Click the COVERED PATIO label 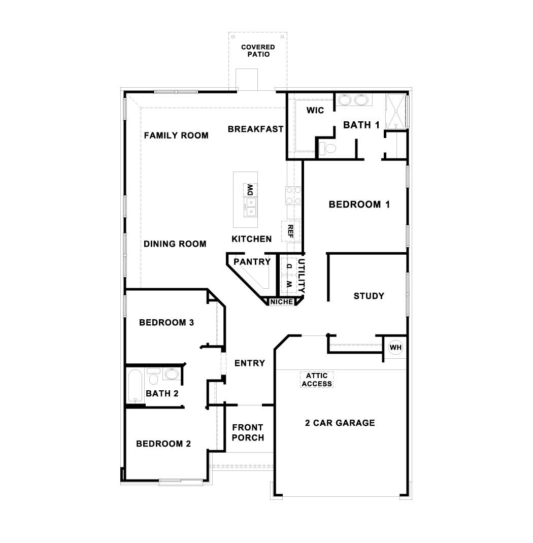click(258, 51)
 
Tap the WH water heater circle click(395, 348)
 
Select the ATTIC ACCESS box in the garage click(317, 380)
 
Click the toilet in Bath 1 click(328, 148)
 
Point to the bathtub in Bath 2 click(135, 386)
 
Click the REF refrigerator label click(291, 231)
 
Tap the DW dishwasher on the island click(250, 190)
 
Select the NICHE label click(282, 302)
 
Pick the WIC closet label click(315, 111)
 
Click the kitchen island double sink click(251, 205)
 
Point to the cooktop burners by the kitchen click(292, 195)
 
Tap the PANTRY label click(252, 262)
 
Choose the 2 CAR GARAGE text click(340, 423)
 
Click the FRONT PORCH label click(248, 432)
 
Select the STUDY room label click(369, 296)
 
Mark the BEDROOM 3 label click(166, 322)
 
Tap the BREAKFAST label click(255, 129)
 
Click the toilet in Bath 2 click(153, 378)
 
